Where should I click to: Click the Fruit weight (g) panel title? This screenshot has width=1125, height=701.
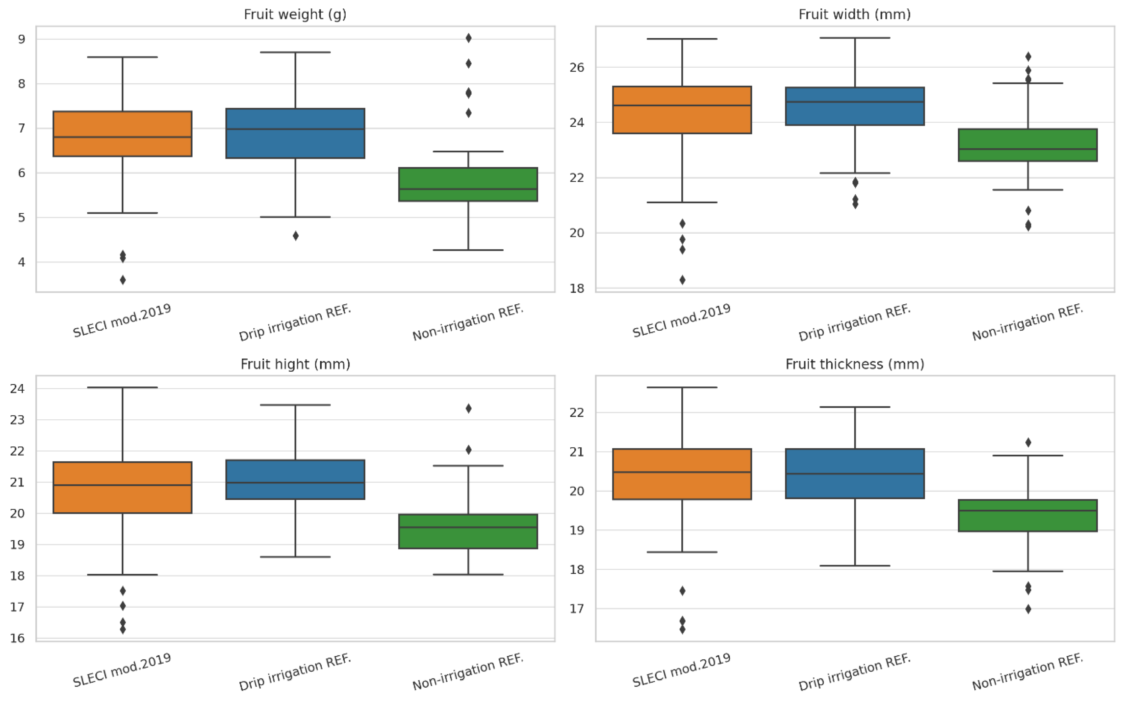coord(295,14)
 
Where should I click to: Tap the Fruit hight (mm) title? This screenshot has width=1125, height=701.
coord(295,364)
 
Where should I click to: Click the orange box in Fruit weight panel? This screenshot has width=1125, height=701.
coord(122,133)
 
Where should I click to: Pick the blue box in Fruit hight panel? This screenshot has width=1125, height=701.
coord(295,479)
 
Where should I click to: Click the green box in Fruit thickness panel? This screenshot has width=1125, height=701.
coord(1028,515)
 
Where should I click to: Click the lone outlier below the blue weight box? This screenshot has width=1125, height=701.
coord(295,235)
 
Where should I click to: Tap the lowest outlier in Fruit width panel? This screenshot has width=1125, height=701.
coord(682,280)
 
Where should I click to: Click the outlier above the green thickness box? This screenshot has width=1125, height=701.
coord(1028,442)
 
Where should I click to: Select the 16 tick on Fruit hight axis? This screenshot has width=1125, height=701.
coord(17,638)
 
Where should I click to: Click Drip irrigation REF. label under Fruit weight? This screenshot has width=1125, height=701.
coord(295,323)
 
